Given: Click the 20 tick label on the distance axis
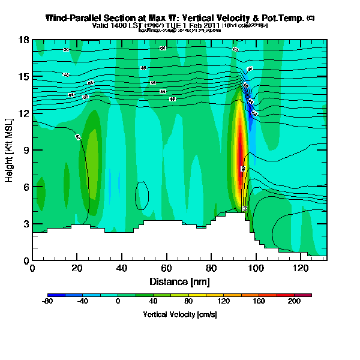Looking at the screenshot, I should [77, 268].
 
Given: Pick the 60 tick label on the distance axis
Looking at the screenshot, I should [166, 268].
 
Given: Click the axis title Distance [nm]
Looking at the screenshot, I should [179, 281].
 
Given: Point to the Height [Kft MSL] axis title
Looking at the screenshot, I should [10, 150].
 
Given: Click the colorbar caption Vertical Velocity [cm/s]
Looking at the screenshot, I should [179, 314].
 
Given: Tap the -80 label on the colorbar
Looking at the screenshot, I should [48, 301].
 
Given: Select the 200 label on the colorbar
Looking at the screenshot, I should [294, 301].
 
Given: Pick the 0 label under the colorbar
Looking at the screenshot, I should [118, 301].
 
